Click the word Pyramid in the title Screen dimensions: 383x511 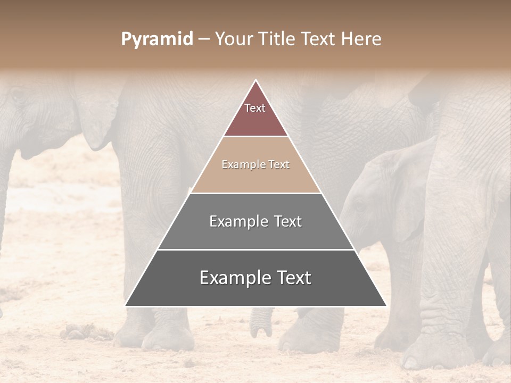pyautogui.click(x=157, y=39)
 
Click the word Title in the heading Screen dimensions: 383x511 pyautogui.click(x=277, y=39)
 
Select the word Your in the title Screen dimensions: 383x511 pyautogui.click(x=234, y=39)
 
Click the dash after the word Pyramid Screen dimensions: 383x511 pyautogui.click(x=203, y=39)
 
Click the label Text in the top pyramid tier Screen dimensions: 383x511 pyautogui.click(x=255, y=108)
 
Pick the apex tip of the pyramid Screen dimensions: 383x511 pyautogui.click(x=256, y=80)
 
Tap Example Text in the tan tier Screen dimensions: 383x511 pyautogui.click(x=256, y=164)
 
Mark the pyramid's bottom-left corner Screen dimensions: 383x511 pyautogui.click(x=126, y=305)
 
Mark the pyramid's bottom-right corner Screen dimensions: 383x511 pyautogui.click(x=385, y=305)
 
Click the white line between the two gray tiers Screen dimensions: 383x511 pyautogui.click(x=256, y=249)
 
